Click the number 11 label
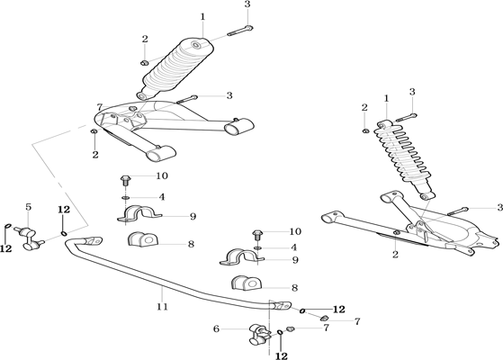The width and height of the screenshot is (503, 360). pos(162,307)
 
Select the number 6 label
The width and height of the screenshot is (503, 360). pos(217,328)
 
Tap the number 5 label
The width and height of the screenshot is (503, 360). pos(29,207)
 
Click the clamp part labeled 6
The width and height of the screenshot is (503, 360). pos(259,336)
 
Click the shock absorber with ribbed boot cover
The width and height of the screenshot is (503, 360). pos(175,68)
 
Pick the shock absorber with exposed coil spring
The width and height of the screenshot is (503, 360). pos(405,159)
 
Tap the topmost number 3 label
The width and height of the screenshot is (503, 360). pos(247,4)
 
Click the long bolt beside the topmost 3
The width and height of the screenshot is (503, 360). pos(240,31)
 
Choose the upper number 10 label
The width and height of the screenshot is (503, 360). pos(162,175)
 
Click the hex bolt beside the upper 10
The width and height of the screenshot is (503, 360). pos(125,181)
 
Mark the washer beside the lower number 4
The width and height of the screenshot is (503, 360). pos(257,247)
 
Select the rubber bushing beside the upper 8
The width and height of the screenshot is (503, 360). pos(143,239)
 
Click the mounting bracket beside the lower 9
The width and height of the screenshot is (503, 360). pos(241,257)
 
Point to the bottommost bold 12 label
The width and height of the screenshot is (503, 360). pos(282,355)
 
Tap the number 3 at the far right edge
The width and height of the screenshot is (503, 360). pos(499,208)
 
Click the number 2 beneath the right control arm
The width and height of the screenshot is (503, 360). pos(395,255)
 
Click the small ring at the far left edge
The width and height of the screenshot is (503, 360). pos(8,227)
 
